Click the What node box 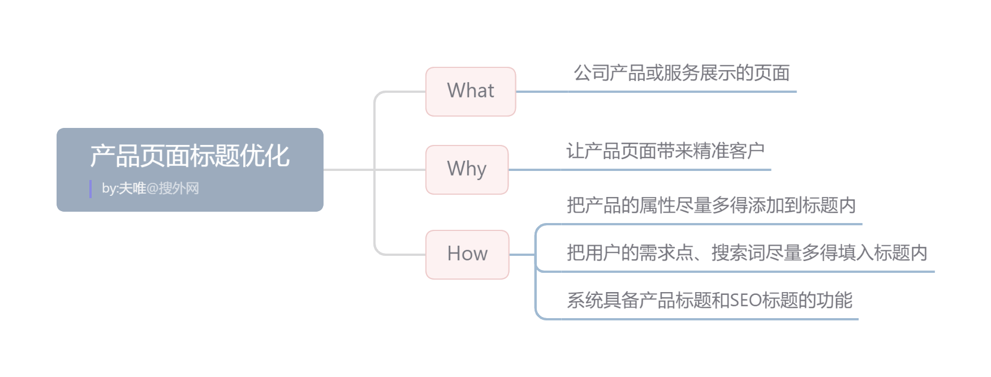click(x=471, y=92)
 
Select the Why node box click(x=467, y=169)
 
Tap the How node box click(x=467, y=254)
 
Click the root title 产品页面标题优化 click(x=190, y=156)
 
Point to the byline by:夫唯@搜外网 click(x=150, y=188)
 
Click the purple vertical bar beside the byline click(x=91, y=189)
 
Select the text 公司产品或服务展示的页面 click(x=682, y=73)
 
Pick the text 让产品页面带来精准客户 click(x=665, y=151)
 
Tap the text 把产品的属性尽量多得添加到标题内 click(x=711, y=205)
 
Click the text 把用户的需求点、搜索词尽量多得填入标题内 click(x=747, y=252)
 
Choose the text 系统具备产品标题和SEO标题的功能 click(x=709, y=300)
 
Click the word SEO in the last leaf click(x=746, y=300)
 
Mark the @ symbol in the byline click(x=152, y=188)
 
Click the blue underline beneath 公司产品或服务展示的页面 click(x=656, y=91)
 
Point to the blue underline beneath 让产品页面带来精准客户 click(x=639, y=169)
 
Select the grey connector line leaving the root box click(x=348, y=169)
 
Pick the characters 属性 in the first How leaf click(x=657, y=205)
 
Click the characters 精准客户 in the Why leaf click(x=729, y=151)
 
